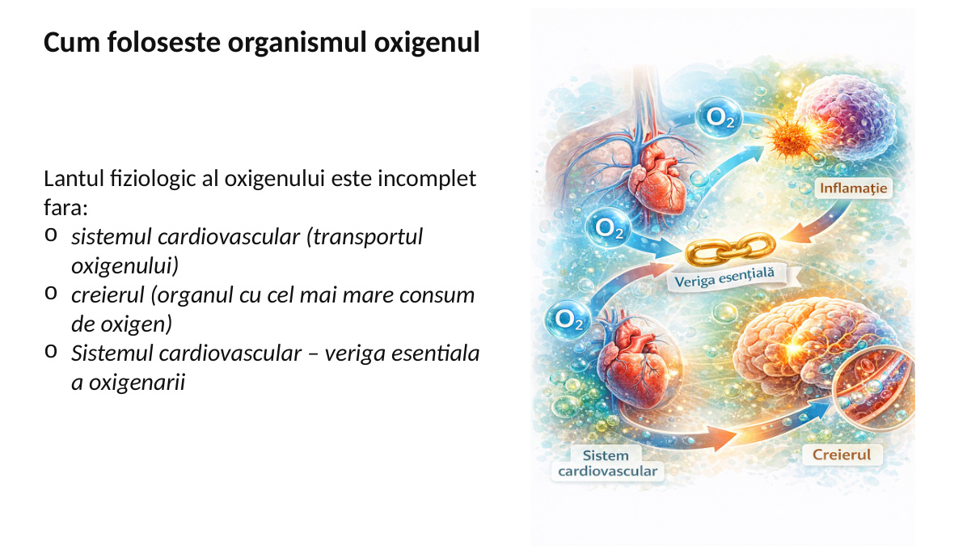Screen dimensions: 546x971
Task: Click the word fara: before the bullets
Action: click(65, 207)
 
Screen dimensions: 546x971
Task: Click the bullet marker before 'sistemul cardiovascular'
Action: click(51, 235)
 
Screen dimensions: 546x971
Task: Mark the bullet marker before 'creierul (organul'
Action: click(51, 294)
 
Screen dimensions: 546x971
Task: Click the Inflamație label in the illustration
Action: click(853, 189)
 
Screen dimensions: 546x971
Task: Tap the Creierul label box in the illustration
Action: click(842, 455)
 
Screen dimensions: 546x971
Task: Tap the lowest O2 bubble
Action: click(569, 320)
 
